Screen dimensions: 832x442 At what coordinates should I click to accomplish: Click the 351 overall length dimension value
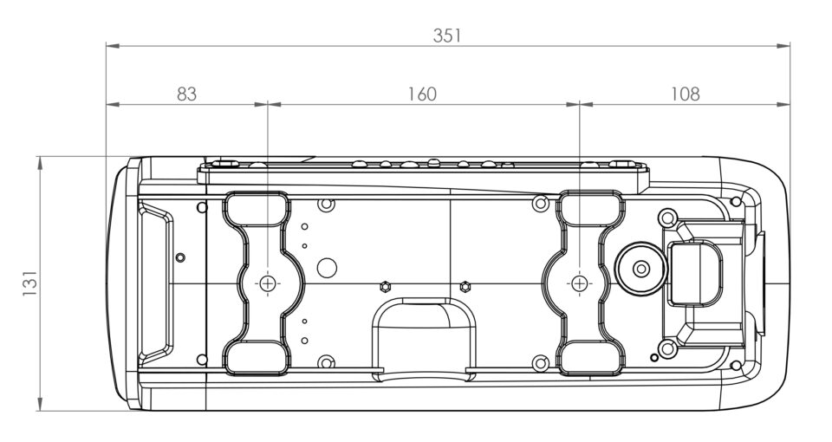click(447, 36)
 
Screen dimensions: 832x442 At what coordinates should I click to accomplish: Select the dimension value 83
click(186, 94)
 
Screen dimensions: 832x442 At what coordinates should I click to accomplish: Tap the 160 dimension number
click(422, 94)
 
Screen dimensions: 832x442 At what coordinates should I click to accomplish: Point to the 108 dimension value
click(685, 94)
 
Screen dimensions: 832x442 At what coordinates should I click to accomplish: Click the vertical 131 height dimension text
click(29, 283)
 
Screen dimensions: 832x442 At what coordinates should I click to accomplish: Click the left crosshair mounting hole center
click(268, 283)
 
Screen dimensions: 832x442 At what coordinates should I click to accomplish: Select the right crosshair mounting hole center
click(580, 283)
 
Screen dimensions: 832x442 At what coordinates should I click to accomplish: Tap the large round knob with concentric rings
click(641, 269)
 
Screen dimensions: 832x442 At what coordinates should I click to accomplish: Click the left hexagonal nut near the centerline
click(385, 287)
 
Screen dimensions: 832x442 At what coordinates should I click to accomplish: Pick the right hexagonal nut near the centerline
click(465, 287)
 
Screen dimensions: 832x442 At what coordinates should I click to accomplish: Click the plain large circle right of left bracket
click(327, 268)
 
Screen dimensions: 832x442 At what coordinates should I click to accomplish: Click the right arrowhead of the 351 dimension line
click(783, 46)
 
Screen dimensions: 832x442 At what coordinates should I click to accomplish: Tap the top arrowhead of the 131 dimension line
click(41, 163)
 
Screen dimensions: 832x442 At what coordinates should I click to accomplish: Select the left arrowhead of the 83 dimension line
click(113, 105)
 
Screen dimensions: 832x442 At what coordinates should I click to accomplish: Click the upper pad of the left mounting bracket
click(257, 209)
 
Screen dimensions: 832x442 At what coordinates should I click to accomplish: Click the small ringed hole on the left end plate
click(180, 258)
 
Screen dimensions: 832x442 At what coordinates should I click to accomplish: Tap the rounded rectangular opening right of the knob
click(694, 274)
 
